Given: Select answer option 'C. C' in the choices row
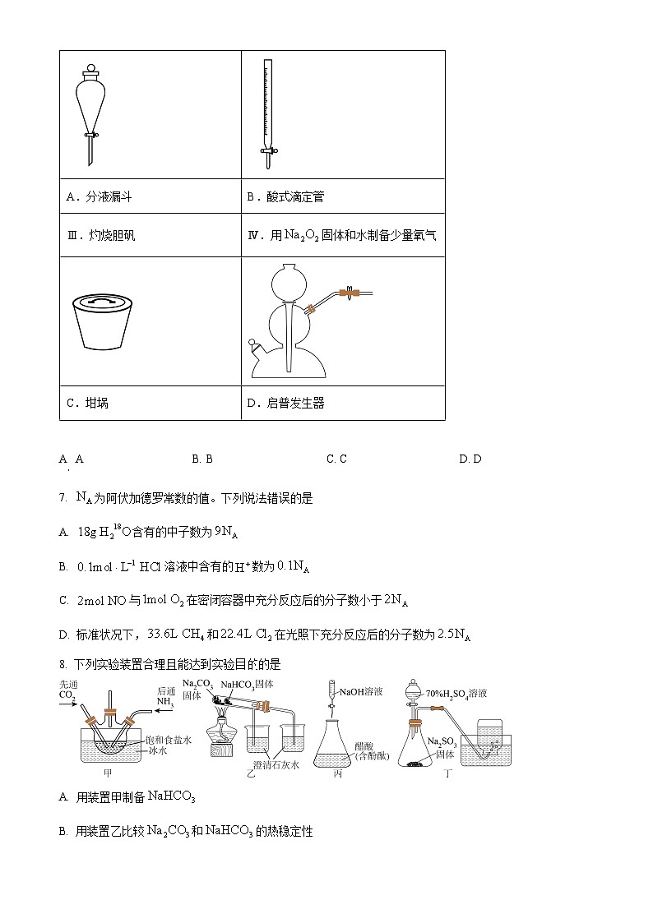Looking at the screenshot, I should tap(336, 459).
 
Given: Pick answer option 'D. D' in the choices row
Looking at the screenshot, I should tap(470, 459).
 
